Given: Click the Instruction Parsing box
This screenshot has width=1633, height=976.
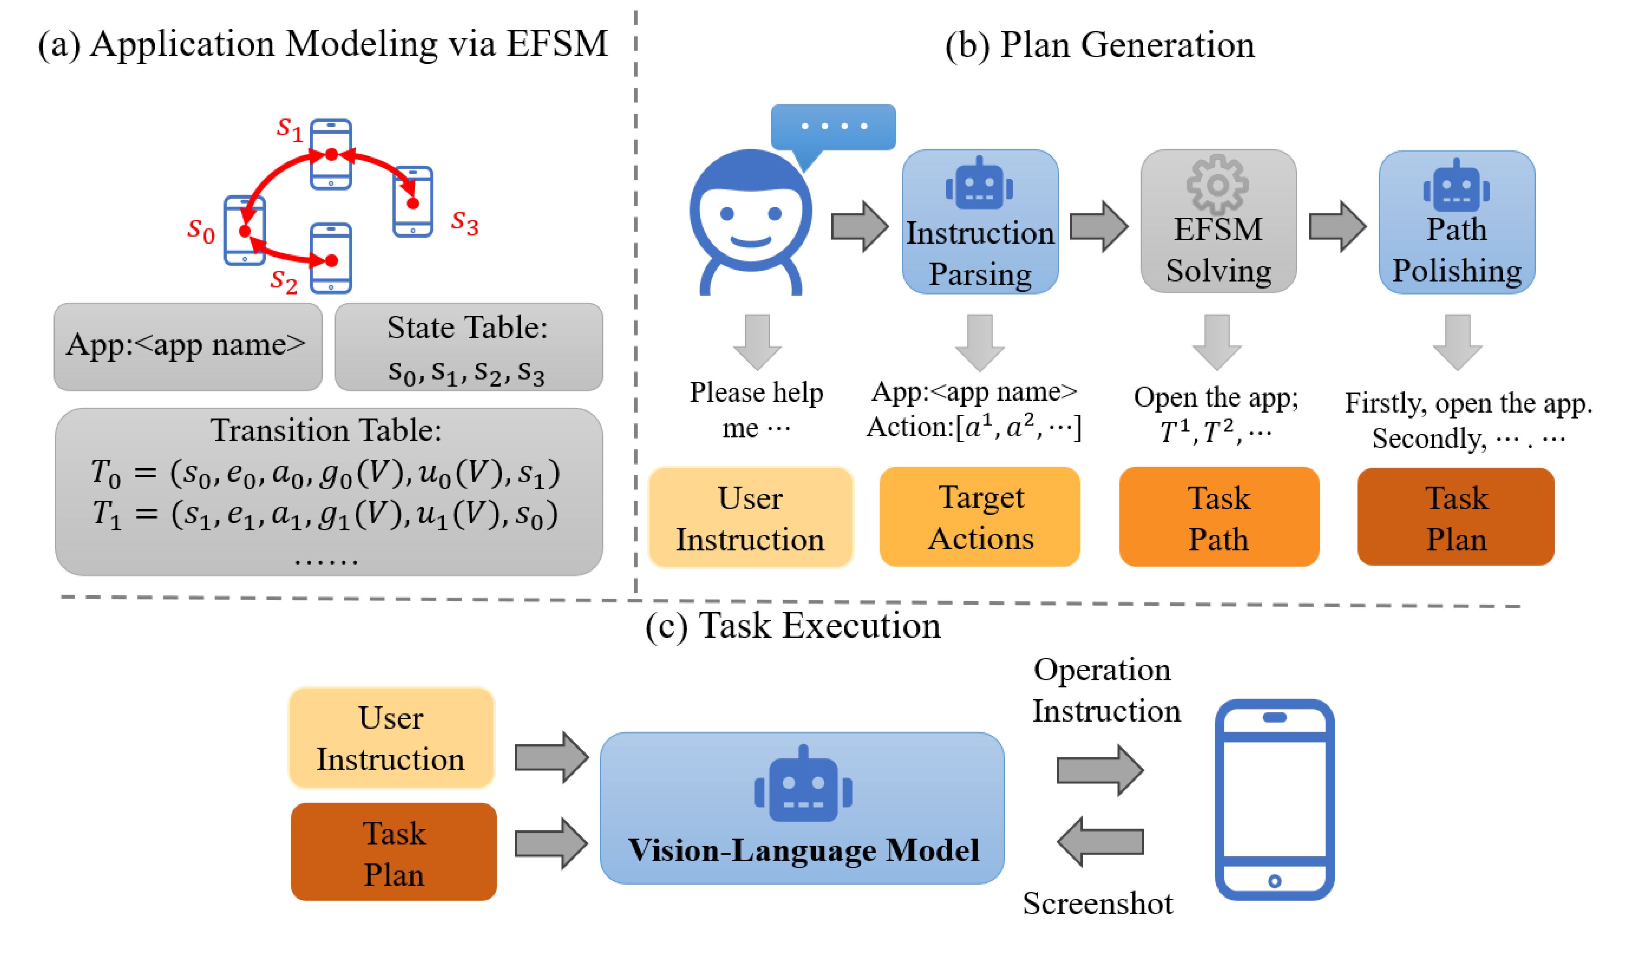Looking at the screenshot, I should point(980,222).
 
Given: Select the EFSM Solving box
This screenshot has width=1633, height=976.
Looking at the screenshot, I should point(1218,222).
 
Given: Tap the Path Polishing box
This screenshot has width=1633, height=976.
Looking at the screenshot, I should point(1457,222).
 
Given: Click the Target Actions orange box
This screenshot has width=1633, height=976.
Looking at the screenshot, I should point(980,517).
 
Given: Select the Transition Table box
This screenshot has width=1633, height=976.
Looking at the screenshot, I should point(329,492).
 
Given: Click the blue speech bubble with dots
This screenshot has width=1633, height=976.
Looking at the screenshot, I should point(833,127).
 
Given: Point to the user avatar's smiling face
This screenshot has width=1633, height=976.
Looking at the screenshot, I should point(750,217).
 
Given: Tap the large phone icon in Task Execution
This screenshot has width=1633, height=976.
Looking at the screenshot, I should point(1274,800).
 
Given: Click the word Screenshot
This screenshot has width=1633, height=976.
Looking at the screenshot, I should point(1097,904).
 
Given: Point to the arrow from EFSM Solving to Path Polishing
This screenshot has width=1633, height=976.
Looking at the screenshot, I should point(1337,227).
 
